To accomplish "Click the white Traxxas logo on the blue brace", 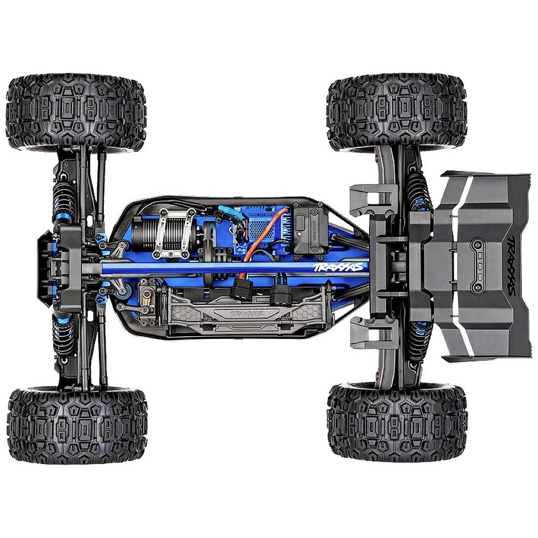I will [x=338, y=267].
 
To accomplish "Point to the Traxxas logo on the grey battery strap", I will [x=243, y=314].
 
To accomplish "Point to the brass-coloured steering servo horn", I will [x=146, y=295].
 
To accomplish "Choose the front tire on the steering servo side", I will [x=77, y=422].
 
